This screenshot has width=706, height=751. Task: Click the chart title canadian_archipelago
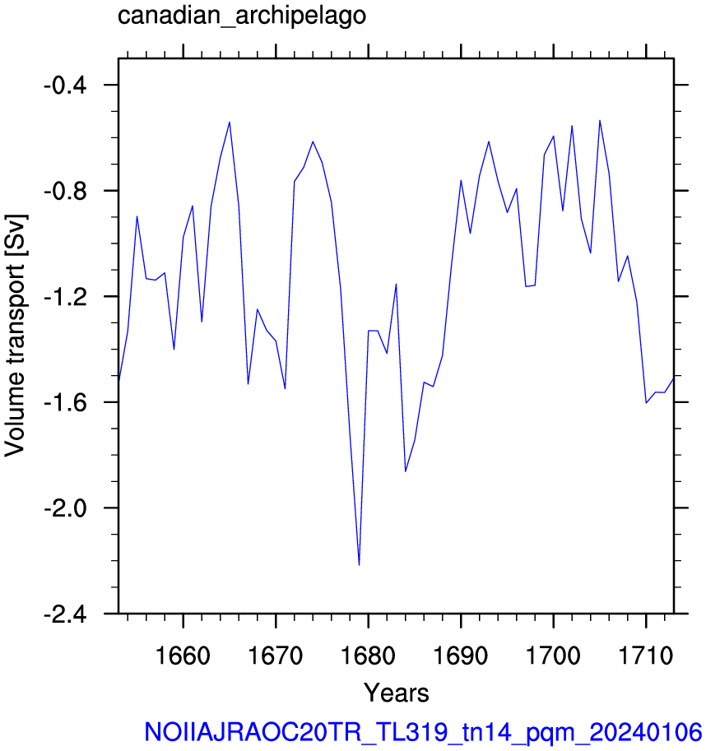tap(242, 16)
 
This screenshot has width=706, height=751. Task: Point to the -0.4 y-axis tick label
tap(65, 86)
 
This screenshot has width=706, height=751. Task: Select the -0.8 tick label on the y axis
tap(65, 192)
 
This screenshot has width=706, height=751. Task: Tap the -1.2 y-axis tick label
tap(65, 298)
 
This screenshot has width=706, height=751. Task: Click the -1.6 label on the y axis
tap(65, 403)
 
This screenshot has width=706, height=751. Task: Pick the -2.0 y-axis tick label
tap(65, 508)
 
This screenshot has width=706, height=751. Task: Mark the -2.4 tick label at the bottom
tap(65, 614)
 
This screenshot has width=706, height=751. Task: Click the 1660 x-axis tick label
tap(183, 656)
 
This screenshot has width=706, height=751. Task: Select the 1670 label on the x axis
tap(276, 656)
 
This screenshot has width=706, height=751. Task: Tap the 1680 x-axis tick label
tap(368, 656)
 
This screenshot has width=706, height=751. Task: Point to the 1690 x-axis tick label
tap(461, 656)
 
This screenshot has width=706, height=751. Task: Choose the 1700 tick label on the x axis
tap(553, 656)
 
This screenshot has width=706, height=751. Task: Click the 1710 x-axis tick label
tap(646, 656)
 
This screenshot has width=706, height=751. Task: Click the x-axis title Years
tap(396, 693)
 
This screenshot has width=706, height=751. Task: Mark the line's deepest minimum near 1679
tap(359, 565)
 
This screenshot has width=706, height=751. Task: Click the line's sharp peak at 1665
tap(230, 122)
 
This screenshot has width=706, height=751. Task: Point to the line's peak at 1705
tap(600, 121)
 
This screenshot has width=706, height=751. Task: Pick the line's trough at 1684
tap(405, 471)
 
